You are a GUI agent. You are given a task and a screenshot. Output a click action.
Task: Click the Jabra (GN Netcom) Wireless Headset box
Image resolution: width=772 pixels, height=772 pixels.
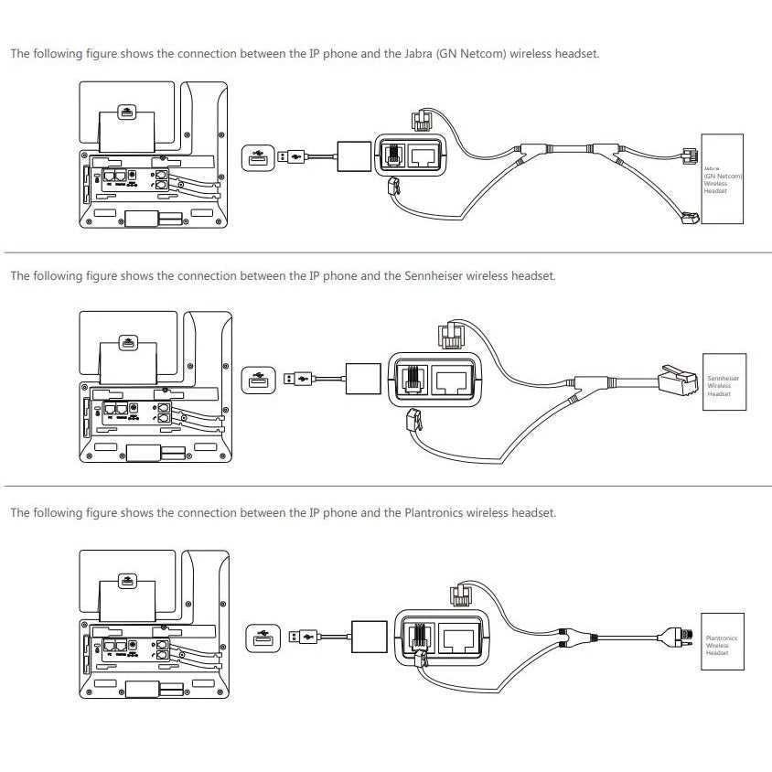[x=722, y=178]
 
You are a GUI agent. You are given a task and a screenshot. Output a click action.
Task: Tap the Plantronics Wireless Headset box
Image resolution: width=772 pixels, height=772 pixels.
[x=722, y=642]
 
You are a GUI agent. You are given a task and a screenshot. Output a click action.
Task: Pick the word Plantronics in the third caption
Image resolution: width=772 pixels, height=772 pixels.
[x=434, y=513]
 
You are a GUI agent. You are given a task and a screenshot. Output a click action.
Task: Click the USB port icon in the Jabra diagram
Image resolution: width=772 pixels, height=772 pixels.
[x=257, y=155]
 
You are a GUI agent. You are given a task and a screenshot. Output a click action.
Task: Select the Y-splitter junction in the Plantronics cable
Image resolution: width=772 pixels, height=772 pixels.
[x=574, y=635]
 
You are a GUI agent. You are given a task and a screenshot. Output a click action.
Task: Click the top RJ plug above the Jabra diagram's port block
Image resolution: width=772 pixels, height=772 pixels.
[x=423, y=119]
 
